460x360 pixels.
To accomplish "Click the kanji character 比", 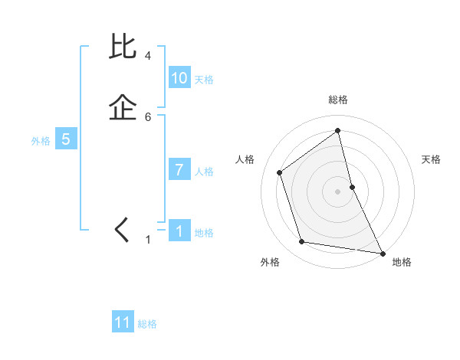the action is pyautogui.click(x=123, y=47).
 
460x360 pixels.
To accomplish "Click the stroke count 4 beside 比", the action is pyautogui.click(x=147, y=56).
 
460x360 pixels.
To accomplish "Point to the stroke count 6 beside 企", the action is pyautogui.click(x=147, y=116).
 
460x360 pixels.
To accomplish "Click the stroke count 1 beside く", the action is pyautogui.click(x=148, y=240).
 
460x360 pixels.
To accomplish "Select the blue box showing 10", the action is pyautogui.click(x=179, y=78).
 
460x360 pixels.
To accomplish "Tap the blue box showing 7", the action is pyautogui.click(x=179, y=170).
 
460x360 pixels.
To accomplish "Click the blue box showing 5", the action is pyautogui.click(x=66, y=139).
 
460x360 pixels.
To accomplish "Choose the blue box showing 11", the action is pyautogui.click(x=123, y=322).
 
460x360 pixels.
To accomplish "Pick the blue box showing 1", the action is pyautogui.click(x=179, y=231).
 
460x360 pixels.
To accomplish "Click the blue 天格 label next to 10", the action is pyautogui.click(x=204, y=80).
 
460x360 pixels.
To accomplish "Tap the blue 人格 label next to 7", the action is pyautogui.click(x=204, y=172).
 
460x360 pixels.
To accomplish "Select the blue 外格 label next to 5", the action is pyautogui.click(x=41, y=141).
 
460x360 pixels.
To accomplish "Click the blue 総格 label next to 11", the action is pyautogui.click(x=147, y=324).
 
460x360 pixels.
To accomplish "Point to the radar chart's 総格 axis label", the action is pyautogui.click(x=337, y=100).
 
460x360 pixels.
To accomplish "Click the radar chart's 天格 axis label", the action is pyautogui.click(x=432, y=159).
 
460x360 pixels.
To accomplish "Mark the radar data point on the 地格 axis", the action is pyautogui.click(x=382, y=253).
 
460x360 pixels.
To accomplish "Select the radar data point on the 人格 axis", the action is pyautogui.click(x=280, y=172).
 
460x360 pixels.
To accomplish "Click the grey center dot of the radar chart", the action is pyautogui.click(x=337, y=191).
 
